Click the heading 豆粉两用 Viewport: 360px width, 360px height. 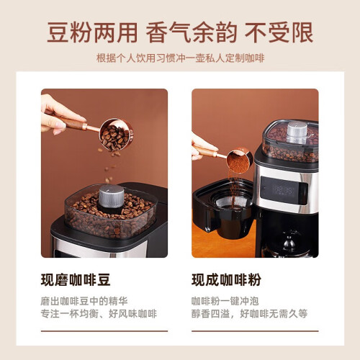coord(92,32)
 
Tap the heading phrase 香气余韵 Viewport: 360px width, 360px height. coord(192,32)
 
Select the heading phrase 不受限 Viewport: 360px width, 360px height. coord(279,32)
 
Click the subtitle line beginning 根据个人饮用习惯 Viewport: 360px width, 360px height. coord(180,58)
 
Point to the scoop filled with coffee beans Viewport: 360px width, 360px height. coord(117,135)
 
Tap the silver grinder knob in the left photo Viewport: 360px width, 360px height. coord(112,196)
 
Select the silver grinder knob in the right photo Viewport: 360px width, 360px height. coord(297,132)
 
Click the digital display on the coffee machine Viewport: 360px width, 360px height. coord(284,191)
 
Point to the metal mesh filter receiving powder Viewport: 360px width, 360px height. coord(233,202)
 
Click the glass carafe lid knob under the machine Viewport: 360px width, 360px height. coord(289,242)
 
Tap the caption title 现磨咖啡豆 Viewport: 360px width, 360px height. coord(76,280)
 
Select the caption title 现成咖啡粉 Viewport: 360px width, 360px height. coord(226,280)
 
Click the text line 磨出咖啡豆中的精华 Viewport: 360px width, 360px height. coord(84,301)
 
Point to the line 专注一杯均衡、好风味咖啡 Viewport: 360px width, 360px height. coord(99,314)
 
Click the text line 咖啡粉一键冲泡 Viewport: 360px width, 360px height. coord(225,301)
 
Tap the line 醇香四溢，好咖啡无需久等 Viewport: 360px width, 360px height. coord(249,314)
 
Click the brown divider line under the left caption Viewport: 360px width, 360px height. coord(104,331)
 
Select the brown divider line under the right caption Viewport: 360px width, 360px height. coord(255,331)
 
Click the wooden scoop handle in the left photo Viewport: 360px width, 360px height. coord(73,123)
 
